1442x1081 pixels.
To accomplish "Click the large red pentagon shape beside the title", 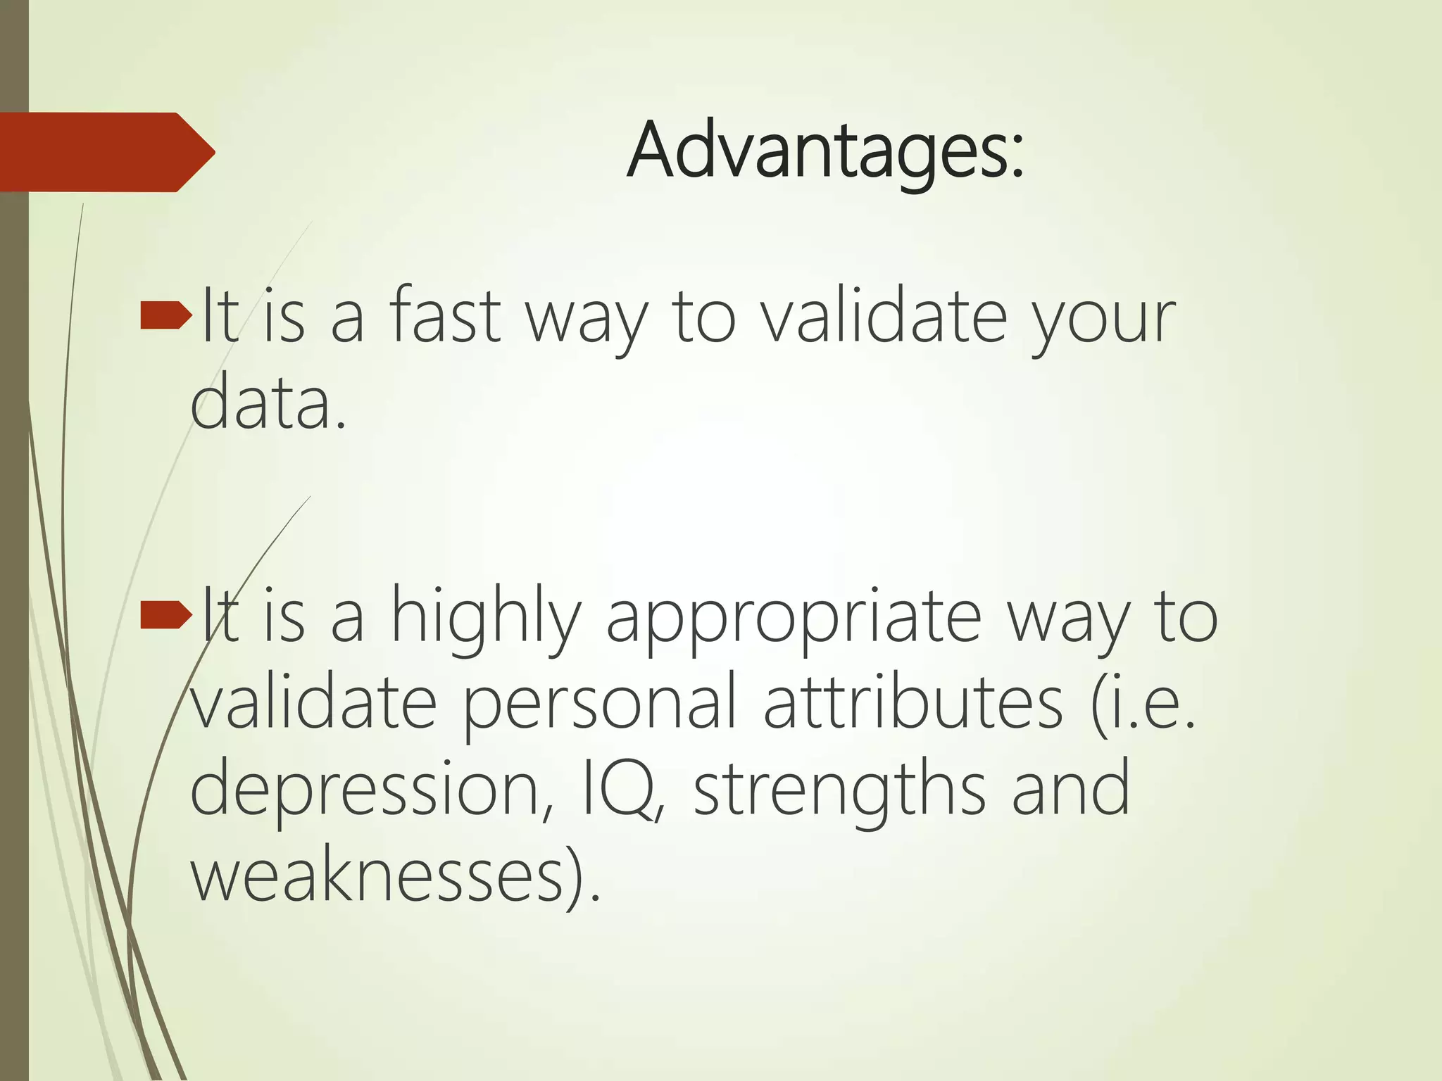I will coord(106,152).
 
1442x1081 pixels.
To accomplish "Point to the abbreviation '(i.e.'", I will coord(1143,703).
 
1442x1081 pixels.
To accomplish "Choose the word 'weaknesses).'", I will coord(396,876).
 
